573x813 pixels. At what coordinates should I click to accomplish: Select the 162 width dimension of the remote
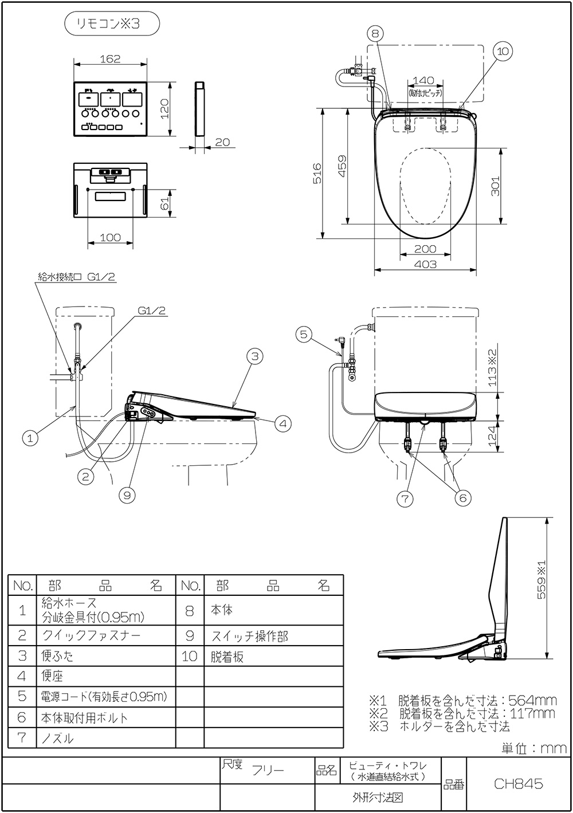111,58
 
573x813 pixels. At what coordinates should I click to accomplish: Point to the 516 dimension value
317,173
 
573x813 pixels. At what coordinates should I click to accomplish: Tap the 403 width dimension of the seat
425,264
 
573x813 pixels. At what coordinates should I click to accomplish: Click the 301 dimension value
496,186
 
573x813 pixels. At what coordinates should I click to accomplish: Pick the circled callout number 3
255,356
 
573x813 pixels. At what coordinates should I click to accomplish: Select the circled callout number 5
304,333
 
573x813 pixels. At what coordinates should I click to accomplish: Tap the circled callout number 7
405,498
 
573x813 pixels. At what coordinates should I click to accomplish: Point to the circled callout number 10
502,52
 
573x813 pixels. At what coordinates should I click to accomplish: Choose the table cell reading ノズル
58,739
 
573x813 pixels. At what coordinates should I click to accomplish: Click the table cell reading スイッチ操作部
250,636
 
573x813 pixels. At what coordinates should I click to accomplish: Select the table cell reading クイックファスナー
91,635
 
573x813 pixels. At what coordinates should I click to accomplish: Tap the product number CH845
518,784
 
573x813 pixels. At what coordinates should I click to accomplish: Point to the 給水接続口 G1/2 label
77,276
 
